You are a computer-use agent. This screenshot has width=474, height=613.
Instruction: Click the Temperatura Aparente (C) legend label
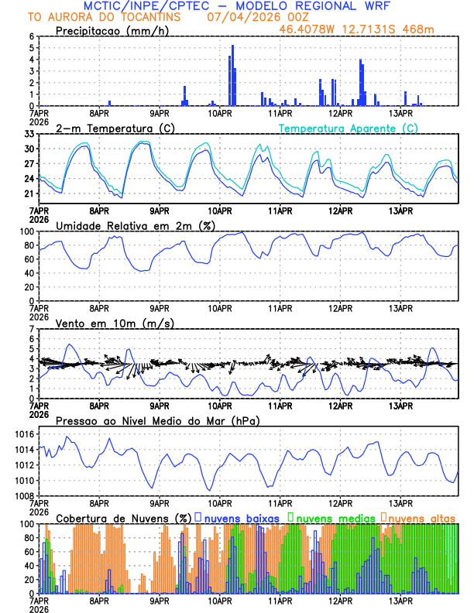pyautogui.click(x=348, y=128)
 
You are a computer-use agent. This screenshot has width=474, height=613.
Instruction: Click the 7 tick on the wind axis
pyautogui.click(x=33, y=329)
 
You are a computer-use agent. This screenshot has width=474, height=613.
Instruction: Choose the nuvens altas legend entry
pyautogui.click(x=422, y=517)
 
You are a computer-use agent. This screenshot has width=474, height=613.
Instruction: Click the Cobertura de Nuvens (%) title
pyautogui.click(x=123, y=517)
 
